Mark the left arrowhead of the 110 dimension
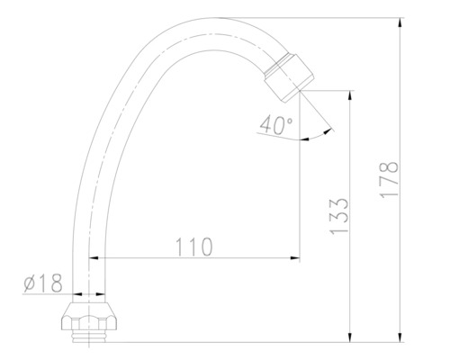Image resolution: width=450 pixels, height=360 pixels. click(x=93, y=258)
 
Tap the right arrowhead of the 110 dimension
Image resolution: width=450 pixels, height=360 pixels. click(x=294, y=258)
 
